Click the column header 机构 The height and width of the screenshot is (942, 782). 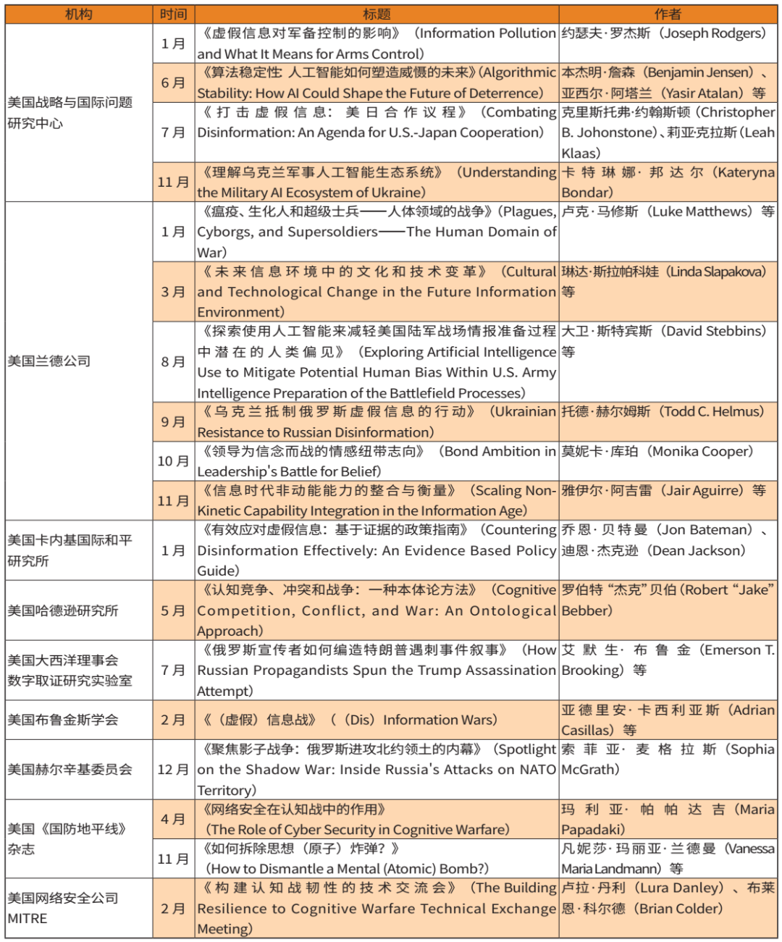78,14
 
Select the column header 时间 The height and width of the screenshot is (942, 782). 173,14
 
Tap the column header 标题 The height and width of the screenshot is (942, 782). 377,14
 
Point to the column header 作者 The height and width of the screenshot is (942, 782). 667,14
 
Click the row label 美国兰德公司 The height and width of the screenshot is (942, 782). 49,361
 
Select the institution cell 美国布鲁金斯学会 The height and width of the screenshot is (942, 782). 63,720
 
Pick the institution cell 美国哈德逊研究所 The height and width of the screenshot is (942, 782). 63,610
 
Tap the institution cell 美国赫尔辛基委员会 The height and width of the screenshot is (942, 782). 70,769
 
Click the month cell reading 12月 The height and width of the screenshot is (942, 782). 173,769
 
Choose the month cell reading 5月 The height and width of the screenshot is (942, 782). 173,610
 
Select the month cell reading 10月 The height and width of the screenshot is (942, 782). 173,461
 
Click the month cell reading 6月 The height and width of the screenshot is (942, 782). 173,83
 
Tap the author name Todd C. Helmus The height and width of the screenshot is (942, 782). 713,411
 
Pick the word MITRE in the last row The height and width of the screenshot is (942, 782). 28,918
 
